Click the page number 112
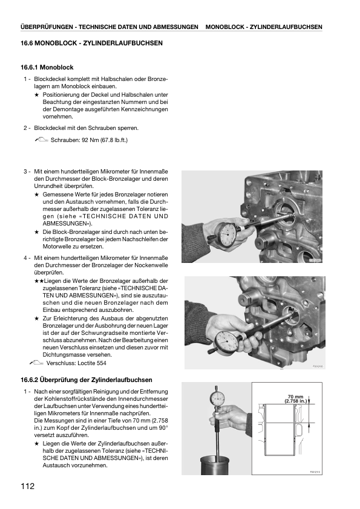coord(28,486)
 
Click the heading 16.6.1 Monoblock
coord(47,68)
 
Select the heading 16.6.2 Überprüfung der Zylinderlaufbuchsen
coord(87,380)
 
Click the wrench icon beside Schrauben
coord(41,140)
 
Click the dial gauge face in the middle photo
coord(226,341)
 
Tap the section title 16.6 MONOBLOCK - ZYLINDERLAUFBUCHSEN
coord(91,43)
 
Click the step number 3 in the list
coord(25,172)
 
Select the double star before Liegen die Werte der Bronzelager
coord(39,281)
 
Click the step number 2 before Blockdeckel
coord(25,128)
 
